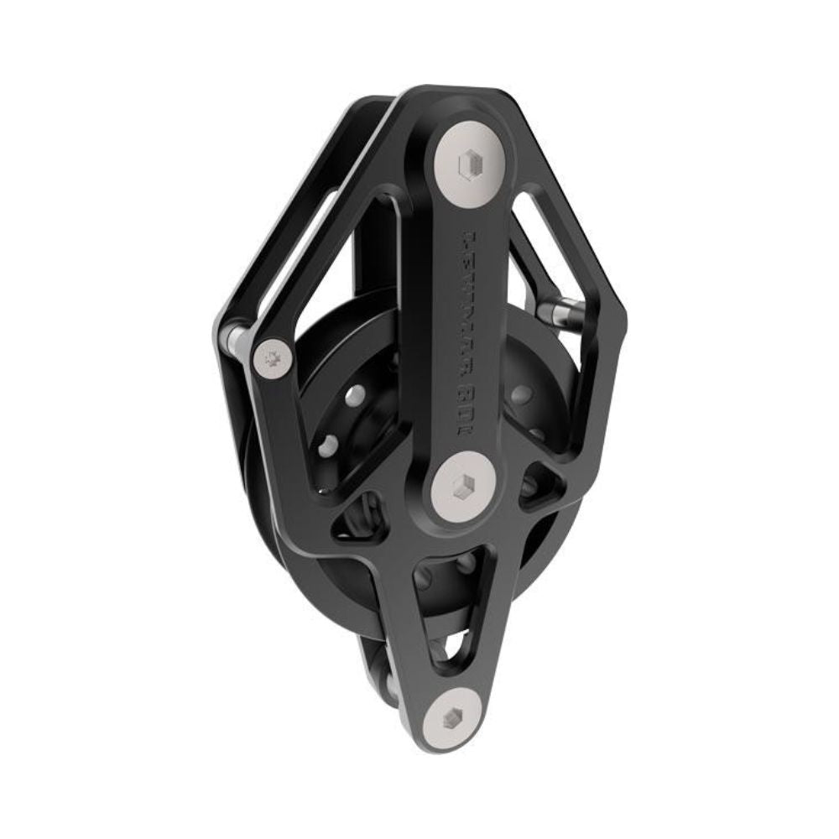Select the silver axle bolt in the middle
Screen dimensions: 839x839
click(x=464, y=484)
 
